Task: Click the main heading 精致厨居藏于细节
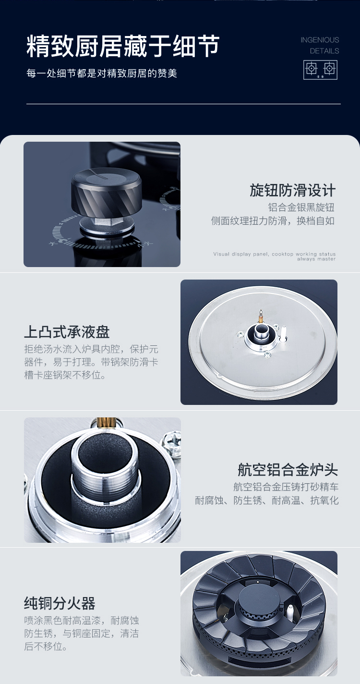(x=123, y=47)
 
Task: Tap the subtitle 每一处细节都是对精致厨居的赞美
(x=102, y=73)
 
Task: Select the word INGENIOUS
(x=320, y=40)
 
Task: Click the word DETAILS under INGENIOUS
(x=324, y=51)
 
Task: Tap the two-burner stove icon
(x=320, y=70)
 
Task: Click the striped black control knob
(x=106, y=192)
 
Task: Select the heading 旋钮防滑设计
(x=292, y=190)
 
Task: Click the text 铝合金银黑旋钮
(x=301, y=208)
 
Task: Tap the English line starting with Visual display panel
(x=274, y=256)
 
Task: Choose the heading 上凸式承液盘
(x=67, y=332)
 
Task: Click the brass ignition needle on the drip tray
(x=260, y=317)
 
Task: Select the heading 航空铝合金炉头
(x=288, y=470)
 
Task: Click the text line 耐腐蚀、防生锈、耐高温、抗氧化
(x=267, y=501)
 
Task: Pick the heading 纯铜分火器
(x=60, y=603)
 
